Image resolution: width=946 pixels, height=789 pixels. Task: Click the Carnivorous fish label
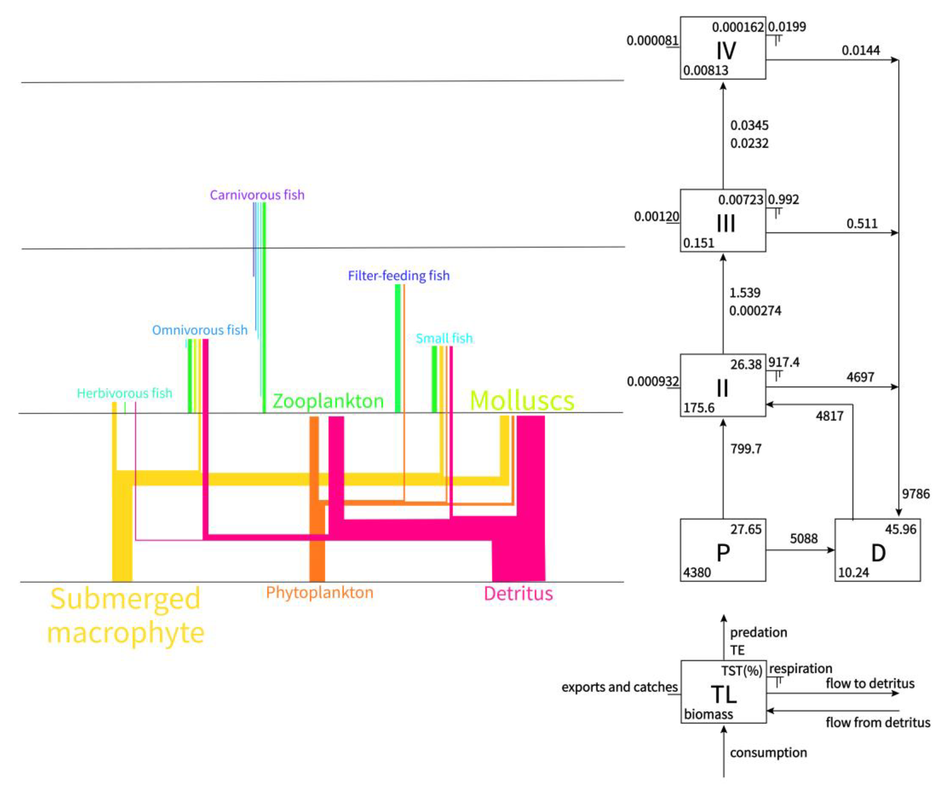point(257,195)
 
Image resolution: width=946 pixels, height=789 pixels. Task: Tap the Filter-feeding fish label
point(399,276)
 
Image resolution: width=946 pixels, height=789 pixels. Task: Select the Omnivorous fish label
point(200,330)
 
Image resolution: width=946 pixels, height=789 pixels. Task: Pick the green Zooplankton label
point(328,401)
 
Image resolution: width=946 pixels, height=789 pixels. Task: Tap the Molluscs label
point(522,400)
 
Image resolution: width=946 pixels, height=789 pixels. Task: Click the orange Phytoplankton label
point(319,592)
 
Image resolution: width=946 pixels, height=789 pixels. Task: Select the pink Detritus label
point(518,593)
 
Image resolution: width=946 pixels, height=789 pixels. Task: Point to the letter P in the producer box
point(723,553)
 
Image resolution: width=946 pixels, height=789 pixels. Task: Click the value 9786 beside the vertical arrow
point(915,494)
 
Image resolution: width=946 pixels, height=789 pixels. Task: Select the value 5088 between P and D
point(804,538)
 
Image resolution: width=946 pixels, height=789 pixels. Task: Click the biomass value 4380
point(697,573)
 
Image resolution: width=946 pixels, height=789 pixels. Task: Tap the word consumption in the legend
point(768,752)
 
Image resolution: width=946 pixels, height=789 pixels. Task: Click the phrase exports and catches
point(619,687)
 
